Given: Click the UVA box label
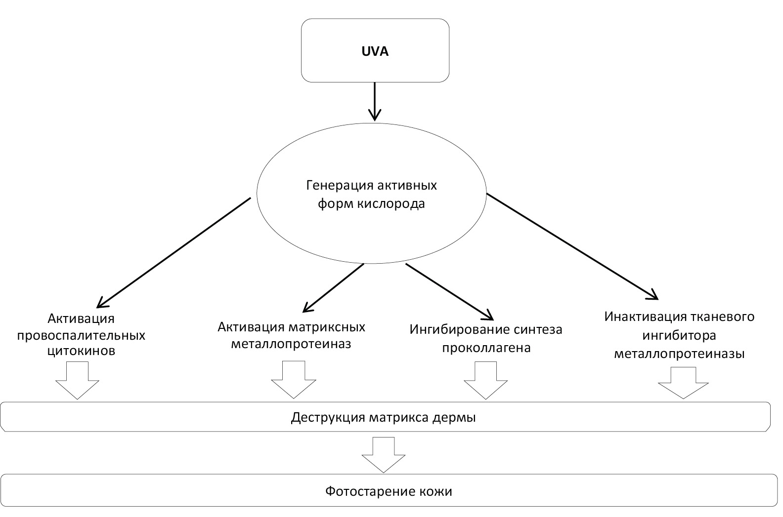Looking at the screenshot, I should click(x=375, y=51).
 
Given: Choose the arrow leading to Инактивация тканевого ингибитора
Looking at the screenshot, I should click(x=572, y=246).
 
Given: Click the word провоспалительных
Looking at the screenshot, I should click(x=81, y=335).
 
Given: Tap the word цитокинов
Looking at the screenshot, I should click(x=81, y=351).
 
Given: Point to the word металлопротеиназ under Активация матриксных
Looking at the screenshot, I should click(x=292, y=344).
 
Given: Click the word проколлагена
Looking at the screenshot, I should click(x=486, y=347).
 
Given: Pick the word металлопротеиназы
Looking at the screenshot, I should click(x=679, y=354).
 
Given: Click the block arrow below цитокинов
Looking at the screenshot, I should click(x=77, y=380).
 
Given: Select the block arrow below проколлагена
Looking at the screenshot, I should click(x=485, y=380).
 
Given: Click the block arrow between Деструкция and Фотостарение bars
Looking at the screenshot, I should click(x=384, y=454).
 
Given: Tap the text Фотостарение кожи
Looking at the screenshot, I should click(x=389, y=491).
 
